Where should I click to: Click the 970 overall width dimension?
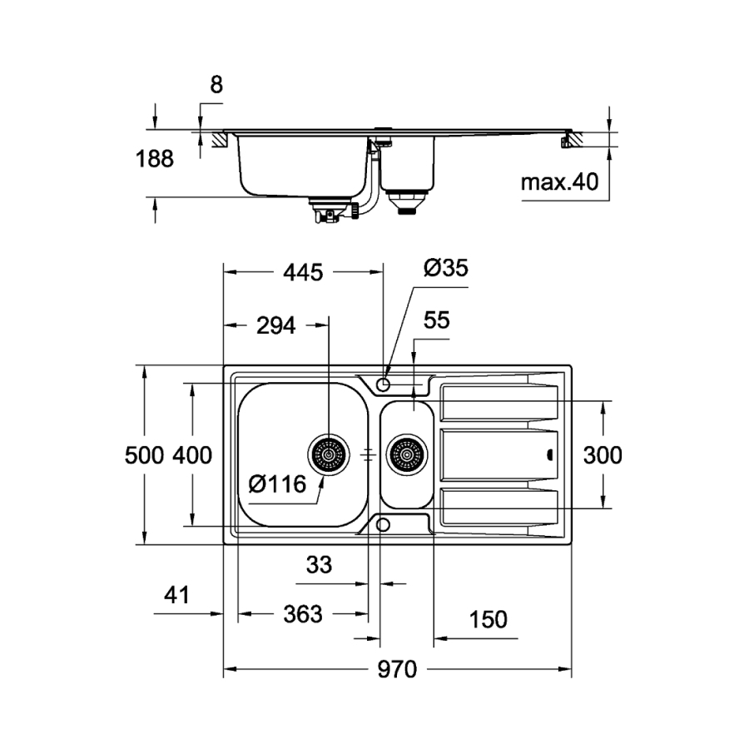398,669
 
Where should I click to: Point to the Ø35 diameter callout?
445,267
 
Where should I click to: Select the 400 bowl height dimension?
192,455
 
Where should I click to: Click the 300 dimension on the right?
603,455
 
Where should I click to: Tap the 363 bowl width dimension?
302,615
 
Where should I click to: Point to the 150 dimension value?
488,620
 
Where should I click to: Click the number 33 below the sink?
319,565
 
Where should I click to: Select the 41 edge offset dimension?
176,595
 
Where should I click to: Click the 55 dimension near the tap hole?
436,320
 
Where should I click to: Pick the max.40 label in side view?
559,181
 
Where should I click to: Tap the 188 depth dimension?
155,159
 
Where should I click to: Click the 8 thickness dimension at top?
216,84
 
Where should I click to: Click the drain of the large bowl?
327,454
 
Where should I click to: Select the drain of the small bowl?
407,454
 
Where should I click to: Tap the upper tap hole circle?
383,384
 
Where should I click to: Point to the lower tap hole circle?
383,524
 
